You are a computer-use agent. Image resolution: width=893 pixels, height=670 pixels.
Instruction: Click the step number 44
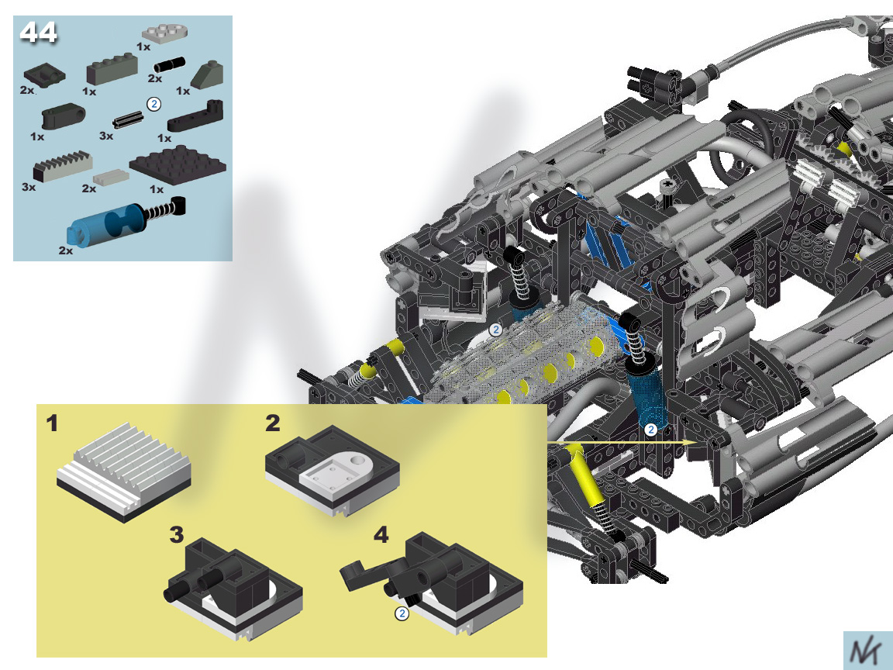pyautogui.click(x=38, y=33)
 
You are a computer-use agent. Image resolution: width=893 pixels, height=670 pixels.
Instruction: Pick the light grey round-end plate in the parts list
pyautogui.click(x=165, y=33)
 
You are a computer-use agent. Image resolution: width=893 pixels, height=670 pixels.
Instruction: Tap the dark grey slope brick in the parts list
pyautogui.click(x=207, y=75)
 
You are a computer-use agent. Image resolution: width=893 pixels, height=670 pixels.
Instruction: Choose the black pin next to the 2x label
pyautogui.click(x=169, y=64)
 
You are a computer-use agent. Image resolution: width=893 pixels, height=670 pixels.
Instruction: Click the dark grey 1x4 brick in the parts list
pyautogui.click(x=112, y=69)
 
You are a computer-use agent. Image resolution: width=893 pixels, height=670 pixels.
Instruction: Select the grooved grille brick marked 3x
pyautogui.click(x=63, y=166)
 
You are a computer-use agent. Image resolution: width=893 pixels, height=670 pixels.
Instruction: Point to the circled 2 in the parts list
pyautogui.click(x=153, y=104)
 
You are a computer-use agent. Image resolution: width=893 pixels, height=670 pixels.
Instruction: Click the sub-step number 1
pyautogui.click(x=53, y=423)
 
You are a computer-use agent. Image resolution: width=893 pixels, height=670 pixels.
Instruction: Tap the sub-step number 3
pyautogui.click(x=177, y=535)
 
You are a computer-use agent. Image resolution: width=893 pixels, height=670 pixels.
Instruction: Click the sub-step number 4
pyautogui.click(x=381, y=535)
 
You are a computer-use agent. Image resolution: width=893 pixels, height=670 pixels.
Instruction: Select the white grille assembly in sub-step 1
pyautogui.click(x=123, y=471)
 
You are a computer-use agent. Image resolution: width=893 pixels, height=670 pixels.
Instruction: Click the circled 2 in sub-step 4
pyautogui.click(x=402, y=613)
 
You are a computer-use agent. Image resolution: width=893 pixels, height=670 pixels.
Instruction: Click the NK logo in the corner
pyautogui.click(x=867, y=651)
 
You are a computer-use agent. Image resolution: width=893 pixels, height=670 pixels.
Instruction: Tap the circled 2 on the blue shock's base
pyautogui.click(x=650, y=430)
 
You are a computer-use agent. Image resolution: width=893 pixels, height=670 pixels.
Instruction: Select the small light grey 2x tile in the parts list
pyautogui.click(x=111, y=177)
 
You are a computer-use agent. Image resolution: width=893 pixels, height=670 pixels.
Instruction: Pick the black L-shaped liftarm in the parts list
pyautogui.click(x=195, y=116)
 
